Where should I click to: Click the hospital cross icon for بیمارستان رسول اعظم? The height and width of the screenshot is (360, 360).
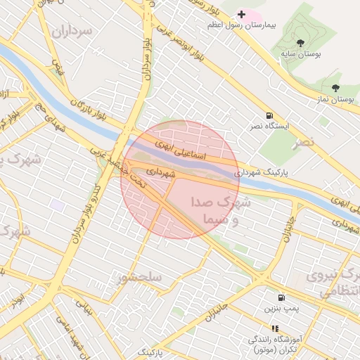pos(241,14)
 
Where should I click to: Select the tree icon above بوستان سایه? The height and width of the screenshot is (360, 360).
pos(300,44)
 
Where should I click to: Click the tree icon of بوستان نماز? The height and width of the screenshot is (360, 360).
pos(335,88)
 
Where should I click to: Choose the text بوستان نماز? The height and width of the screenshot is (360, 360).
pos(335,100)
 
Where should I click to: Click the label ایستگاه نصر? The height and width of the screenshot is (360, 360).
pos(266,127)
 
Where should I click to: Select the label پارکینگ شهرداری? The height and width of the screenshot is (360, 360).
pos(262,172)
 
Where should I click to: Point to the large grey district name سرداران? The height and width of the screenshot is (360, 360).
pos(72,32)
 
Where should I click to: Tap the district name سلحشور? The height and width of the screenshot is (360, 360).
pos(141,278)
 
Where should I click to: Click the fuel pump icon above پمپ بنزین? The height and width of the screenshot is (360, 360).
pos(281,297)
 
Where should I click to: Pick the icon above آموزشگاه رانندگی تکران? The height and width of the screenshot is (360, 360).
pos(275,328)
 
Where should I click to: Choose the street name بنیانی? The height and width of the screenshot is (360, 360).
pos(84,307)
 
